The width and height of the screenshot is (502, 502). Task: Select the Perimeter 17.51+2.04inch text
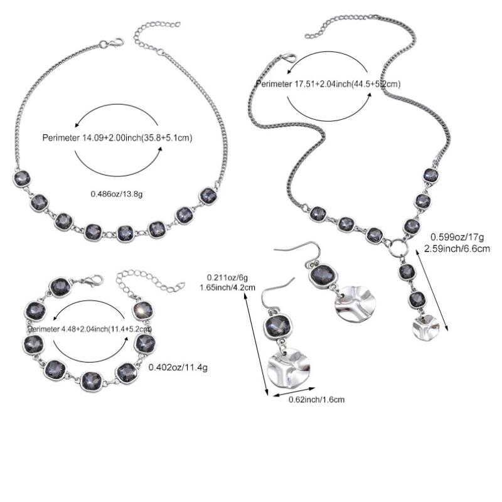click(x=328, y=83)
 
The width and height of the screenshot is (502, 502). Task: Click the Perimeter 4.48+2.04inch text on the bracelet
click(x=90, y=328)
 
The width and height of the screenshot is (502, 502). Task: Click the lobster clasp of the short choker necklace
click(x=115, y=43)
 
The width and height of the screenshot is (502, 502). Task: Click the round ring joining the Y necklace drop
click(x=397, y=247)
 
